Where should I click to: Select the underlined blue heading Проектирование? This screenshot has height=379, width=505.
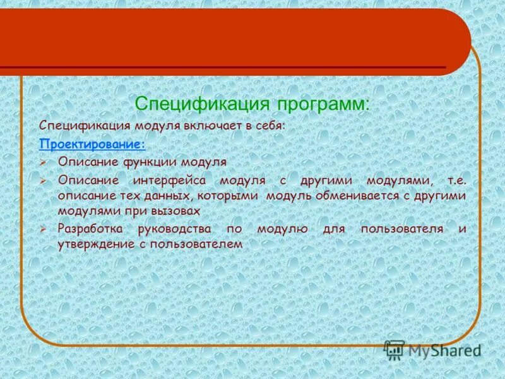pyautogui.click(x=92, y=144)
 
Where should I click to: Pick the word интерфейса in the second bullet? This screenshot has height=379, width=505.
pyautogui.click(x=170, y=180)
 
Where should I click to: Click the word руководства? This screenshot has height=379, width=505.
pyautogui.click(x=180, y=228)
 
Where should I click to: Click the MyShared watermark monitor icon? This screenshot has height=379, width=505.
pyautogui.click(x=394, y=349)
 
